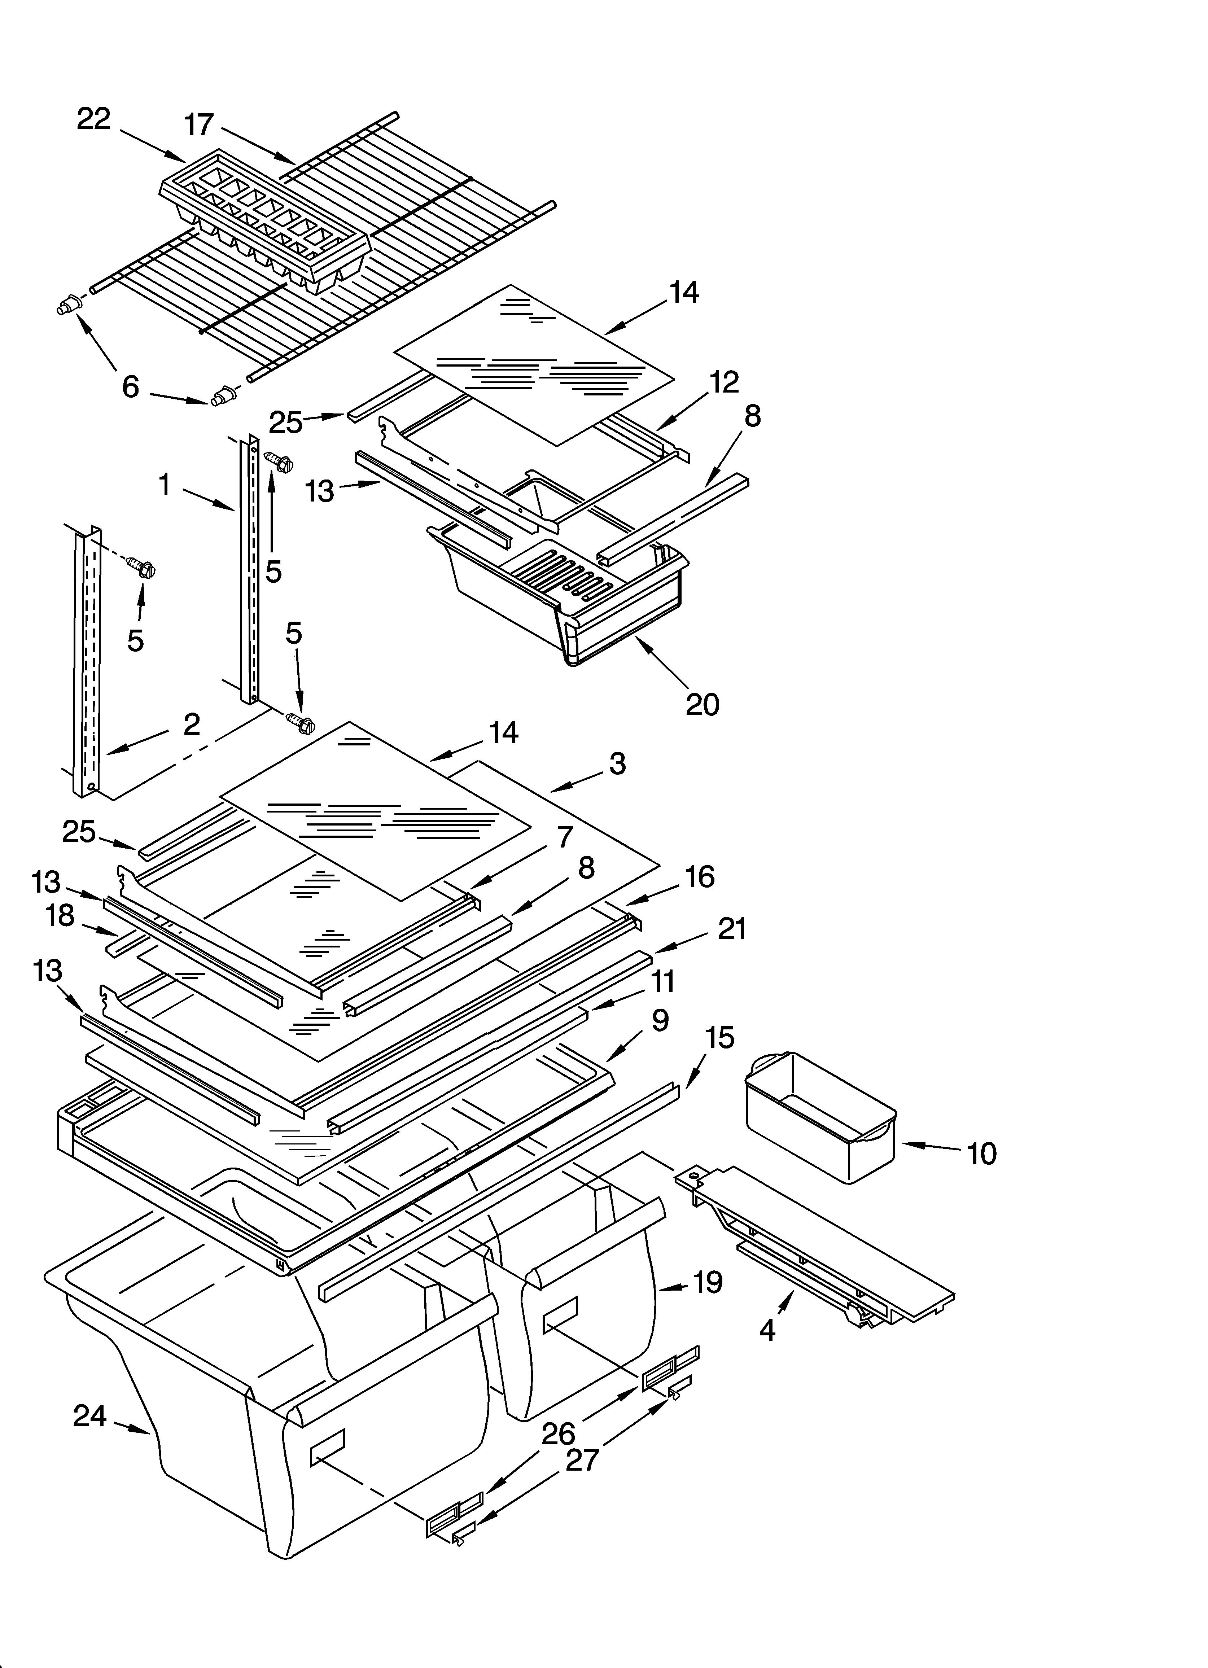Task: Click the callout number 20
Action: [702, 704]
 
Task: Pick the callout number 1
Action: [165, 485]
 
